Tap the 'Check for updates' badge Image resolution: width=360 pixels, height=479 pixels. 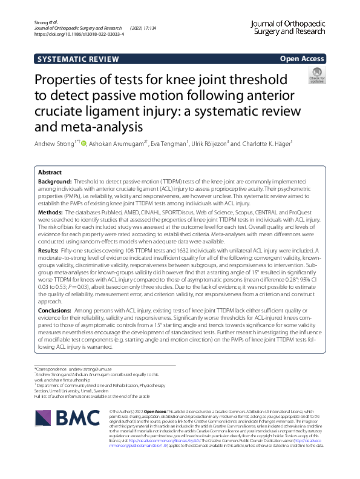point(316,76)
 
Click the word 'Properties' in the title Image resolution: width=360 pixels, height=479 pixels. point(68,80)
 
